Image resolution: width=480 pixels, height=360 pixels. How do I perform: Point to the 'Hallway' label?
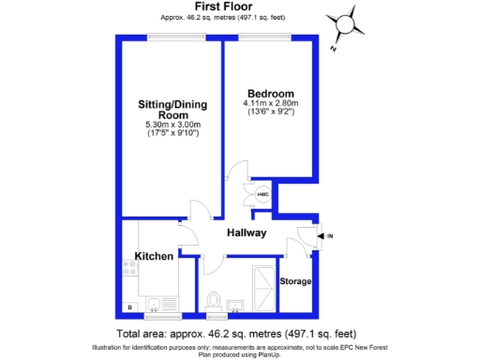pyautogui.click(x=247, y=233)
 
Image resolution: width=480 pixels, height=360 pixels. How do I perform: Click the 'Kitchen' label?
pyautogui.click(x=153, y=256)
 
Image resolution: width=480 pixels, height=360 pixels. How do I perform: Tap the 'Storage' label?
pyautogui.click(x=296, y=281)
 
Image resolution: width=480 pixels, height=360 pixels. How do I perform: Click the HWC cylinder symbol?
pyautogui.click(x=250, y=193)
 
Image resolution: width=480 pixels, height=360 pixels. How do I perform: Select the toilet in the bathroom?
pyautogui.click(x=213, y=300)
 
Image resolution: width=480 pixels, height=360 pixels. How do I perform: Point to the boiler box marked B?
pyautogui.click(x=128, y=307)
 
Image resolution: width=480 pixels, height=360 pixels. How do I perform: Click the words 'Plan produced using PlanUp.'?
pyautogui.click(x=240, y=353)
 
